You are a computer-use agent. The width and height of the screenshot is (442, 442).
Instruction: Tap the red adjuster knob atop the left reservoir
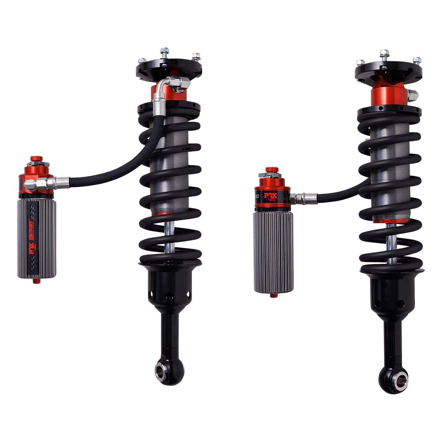(35, 159)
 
